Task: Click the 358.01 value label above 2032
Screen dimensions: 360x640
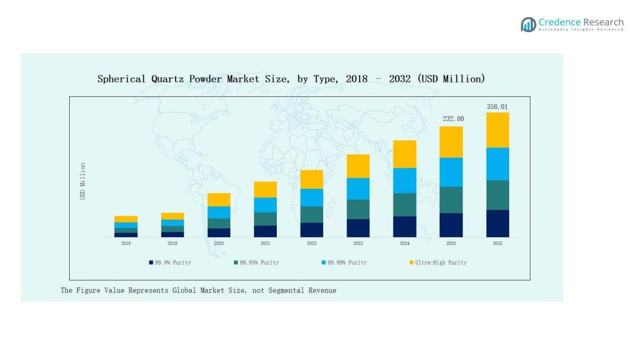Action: pos(497,107)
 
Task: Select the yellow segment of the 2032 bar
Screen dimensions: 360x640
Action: pos(498,130)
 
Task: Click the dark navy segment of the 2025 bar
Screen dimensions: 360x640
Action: pos(451,225)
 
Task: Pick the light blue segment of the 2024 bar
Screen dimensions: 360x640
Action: pos(405,180)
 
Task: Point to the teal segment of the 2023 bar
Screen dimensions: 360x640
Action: pos(358,209)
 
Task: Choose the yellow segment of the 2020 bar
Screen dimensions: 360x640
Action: pos(219,199)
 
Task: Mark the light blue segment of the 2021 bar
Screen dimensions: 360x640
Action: pos(265,204)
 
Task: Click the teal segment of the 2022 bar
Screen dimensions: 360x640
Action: pos(312,214)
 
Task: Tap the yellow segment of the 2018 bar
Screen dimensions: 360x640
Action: pos(126,219)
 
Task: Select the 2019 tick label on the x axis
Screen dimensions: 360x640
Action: pos(172,243)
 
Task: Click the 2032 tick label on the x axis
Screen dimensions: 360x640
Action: pos(498,243)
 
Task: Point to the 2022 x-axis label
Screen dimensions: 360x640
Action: pos(312,243)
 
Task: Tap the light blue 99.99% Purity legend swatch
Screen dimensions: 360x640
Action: pos(323,263)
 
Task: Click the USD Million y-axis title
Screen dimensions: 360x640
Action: pos(83,181)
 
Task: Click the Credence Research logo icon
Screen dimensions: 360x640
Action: pos(528,24)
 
